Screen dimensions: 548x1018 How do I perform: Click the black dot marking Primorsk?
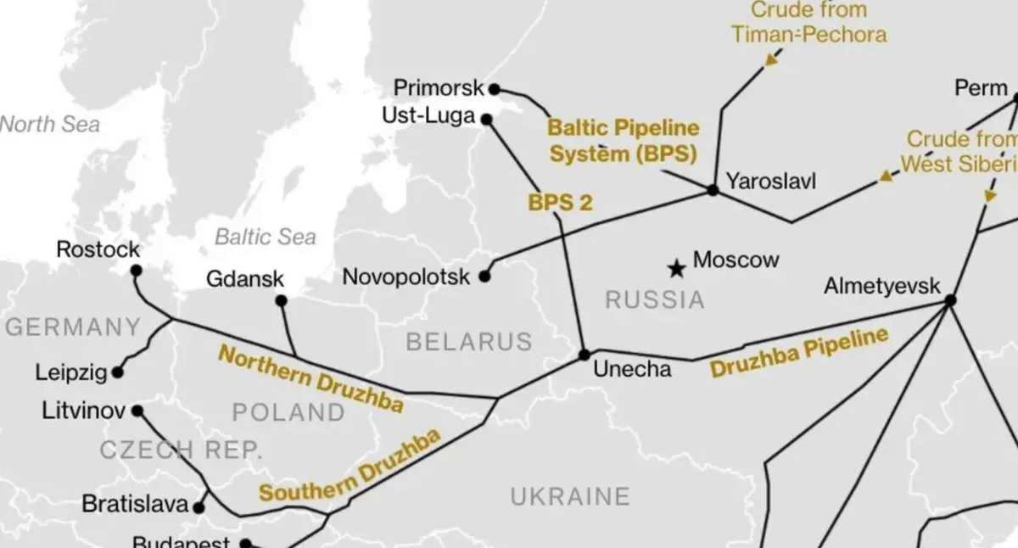[x=495, y=88]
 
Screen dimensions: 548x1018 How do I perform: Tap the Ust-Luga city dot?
[x=487, y=120]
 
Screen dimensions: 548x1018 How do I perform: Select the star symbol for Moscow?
[x=676, y=269]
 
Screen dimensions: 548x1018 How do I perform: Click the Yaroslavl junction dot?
[x=713, y=190]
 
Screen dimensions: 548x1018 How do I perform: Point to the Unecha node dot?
[x=584, y=354]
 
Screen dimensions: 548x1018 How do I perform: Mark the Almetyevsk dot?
[x=950, y=299]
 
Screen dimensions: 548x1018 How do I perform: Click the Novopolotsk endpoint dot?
[x=484, y=276]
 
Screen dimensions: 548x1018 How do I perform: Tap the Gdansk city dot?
[x=281, y=300]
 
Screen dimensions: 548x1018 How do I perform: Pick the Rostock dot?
[x=136, y=271]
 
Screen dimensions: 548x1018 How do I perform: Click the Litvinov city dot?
[x=137, y=411]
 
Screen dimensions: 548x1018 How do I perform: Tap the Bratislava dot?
[x=199, y=507]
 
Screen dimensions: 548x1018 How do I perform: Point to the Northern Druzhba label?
[x=310, y=379]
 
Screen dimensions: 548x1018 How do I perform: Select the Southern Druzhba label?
[x=350, y=467]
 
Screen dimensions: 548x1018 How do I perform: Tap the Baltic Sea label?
[x=265, y=237]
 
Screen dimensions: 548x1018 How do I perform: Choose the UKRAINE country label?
[x=569, y=495]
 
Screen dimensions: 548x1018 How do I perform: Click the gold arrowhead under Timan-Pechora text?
[x=771, y=59]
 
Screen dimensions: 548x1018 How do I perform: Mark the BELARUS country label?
[x=468, y=342]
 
